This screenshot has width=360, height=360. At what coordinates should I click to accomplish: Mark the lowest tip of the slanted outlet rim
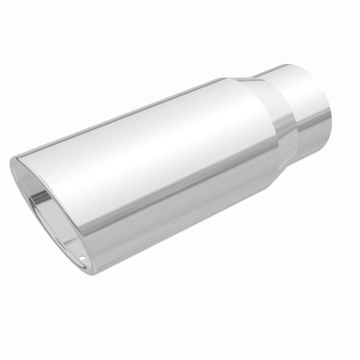click(90, 273)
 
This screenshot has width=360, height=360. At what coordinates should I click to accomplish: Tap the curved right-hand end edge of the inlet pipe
click(332, 112)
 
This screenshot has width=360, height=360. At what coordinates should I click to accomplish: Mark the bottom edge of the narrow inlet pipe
click(315, 148)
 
